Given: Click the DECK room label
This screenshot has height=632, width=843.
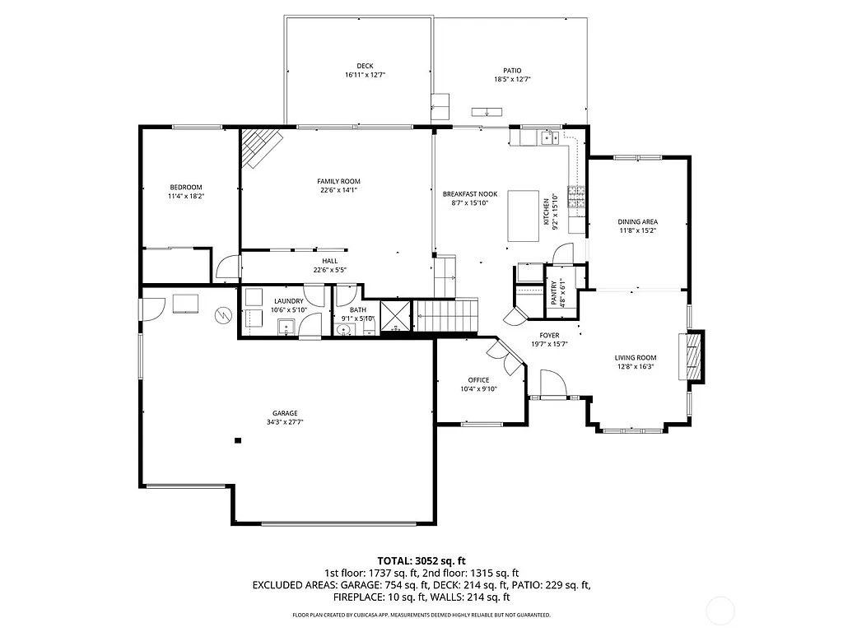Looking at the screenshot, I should (365, 66).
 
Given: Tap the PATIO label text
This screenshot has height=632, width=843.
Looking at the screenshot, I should (512, 71).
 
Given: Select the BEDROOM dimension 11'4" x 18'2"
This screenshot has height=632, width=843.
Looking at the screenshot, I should (186, 196).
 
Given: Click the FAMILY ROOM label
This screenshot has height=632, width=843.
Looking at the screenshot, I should (338, 181).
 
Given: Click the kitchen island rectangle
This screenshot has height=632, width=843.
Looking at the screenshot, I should (523, 216).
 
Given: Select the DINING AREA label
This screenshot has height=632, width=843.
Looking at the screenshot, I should (638, 221).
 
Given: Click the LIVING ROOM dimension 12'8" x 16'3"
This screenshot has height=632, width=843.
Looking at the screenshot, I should (635, 367).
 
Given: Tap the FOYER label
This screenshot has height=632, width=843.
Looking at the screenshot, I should (549, 336).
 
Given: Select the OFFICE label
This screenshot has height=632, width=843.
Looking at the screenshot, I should (478, 380).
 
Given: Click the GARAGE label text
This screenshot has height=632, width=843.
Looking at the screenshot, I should (285, 413).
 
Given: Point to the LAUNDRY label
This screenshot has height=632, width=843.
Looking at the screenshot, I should (288, 301).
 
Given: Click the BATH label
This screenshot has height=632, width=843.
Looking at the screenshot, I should (357, 309).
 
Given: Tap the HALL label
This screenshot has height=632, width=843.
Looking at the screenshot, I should (329, 261).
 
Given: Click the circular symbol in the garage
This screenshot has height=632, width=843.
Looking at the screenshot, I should (223, 315).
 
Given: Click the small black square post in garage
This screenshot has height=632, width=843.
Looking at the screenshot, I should (238, 441).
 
